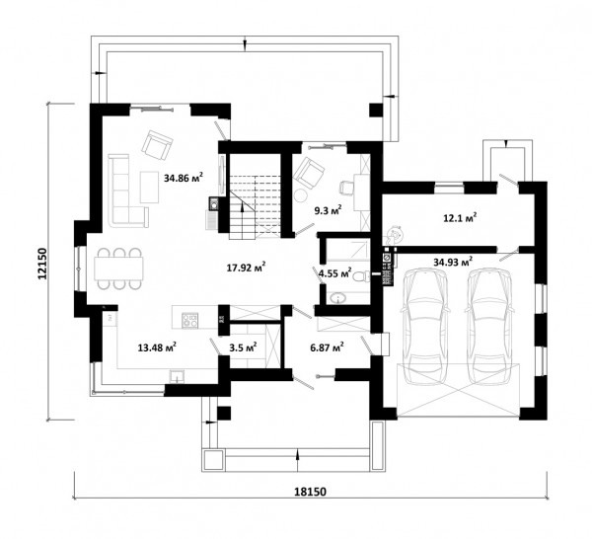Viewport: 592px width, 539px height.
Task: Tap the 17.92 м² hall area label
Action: click(246, 268)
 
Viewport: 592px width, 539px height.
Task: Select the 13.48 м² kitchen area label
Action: click(158, 347)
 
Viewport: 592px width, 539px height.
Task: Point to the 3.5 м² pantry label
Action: click(243, 347)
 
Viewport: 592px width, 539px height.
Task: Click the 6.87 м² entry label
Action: click(327, 347)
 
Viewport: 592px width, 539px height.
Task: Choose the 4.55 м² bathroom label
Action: click(335, 272)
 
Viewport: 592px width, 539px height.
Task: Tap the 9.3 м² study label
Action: click(329, 209)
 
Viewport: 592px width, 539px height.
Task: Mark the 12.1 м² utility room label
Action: click(460, 218)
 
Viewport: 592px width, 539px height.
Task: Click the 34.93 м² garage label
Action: click(453, 262)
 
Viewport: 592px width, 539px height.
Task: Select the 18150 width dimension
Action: click(310, 492)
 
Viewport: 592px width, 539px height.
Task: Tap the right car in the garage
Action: click(490, 327)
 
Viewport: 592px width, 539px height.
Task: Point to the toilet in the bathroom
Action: click(362, 276)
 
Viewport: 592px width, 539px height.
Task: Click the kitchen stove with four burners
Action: click(189, 320)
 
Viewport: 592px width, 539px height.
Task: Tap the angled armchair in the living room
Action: click(157, 145)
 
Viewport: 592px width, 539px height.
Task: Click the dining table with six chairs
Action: click(118, 269)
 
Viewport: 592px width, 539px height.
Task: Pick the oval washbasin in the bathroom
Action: click(337, 298)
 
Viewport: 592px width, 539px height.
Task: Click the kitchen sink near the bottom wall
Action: click(177, 376)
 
